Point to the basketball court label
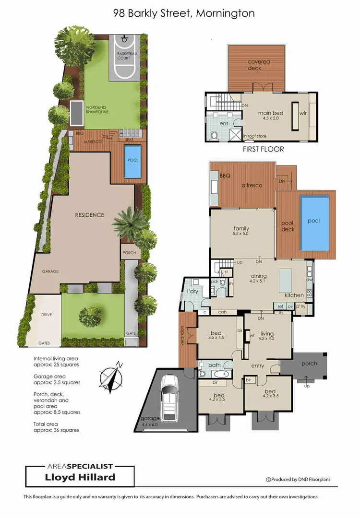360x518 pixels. pyautogui.click(x=127, y=57)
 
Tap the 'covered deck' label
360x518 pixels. pyautogui.click(x=259, y=65)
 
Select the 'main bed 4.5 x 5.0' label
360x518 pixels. pyautogui.click(x=271, y=116)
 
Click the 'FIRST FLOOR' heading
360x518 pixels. pyautogui.click(x=263, y=149)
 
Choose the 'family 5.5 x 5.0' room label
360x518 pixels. pyautogui.click(x=241, y=232)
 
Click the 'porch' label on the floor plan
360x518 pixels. pyautogui.click(x=309, y=363)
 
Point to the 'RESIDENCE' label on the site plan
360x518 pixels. pyautogui.click(x=89, y=215)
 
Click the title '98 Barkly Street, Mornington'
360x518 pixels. pyautogui.click(x=184, y=13)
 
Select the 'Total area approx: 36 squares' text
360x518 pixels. pyautogui.click(x=56, y=427)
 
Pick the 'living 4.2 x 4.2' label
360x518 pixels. pyautogui.click(x=267, y=337)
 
